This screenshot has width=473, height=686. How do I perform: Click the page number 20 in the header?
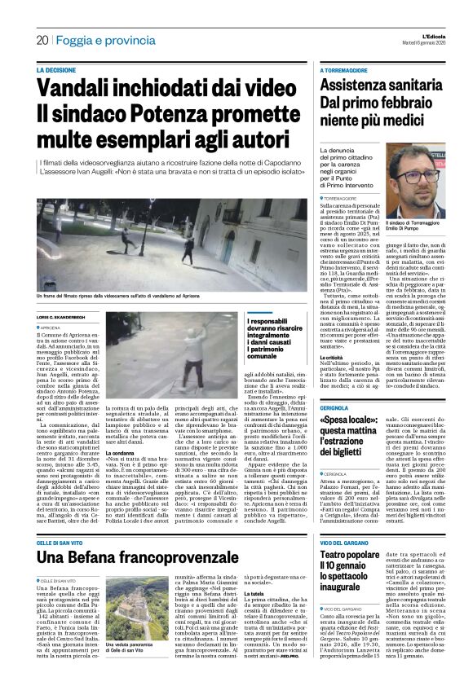pyautogui.click(x=42, y=40)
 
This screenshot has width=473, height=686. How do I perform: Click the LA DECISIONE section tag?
pyautogui.click(x=57, y=71)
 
